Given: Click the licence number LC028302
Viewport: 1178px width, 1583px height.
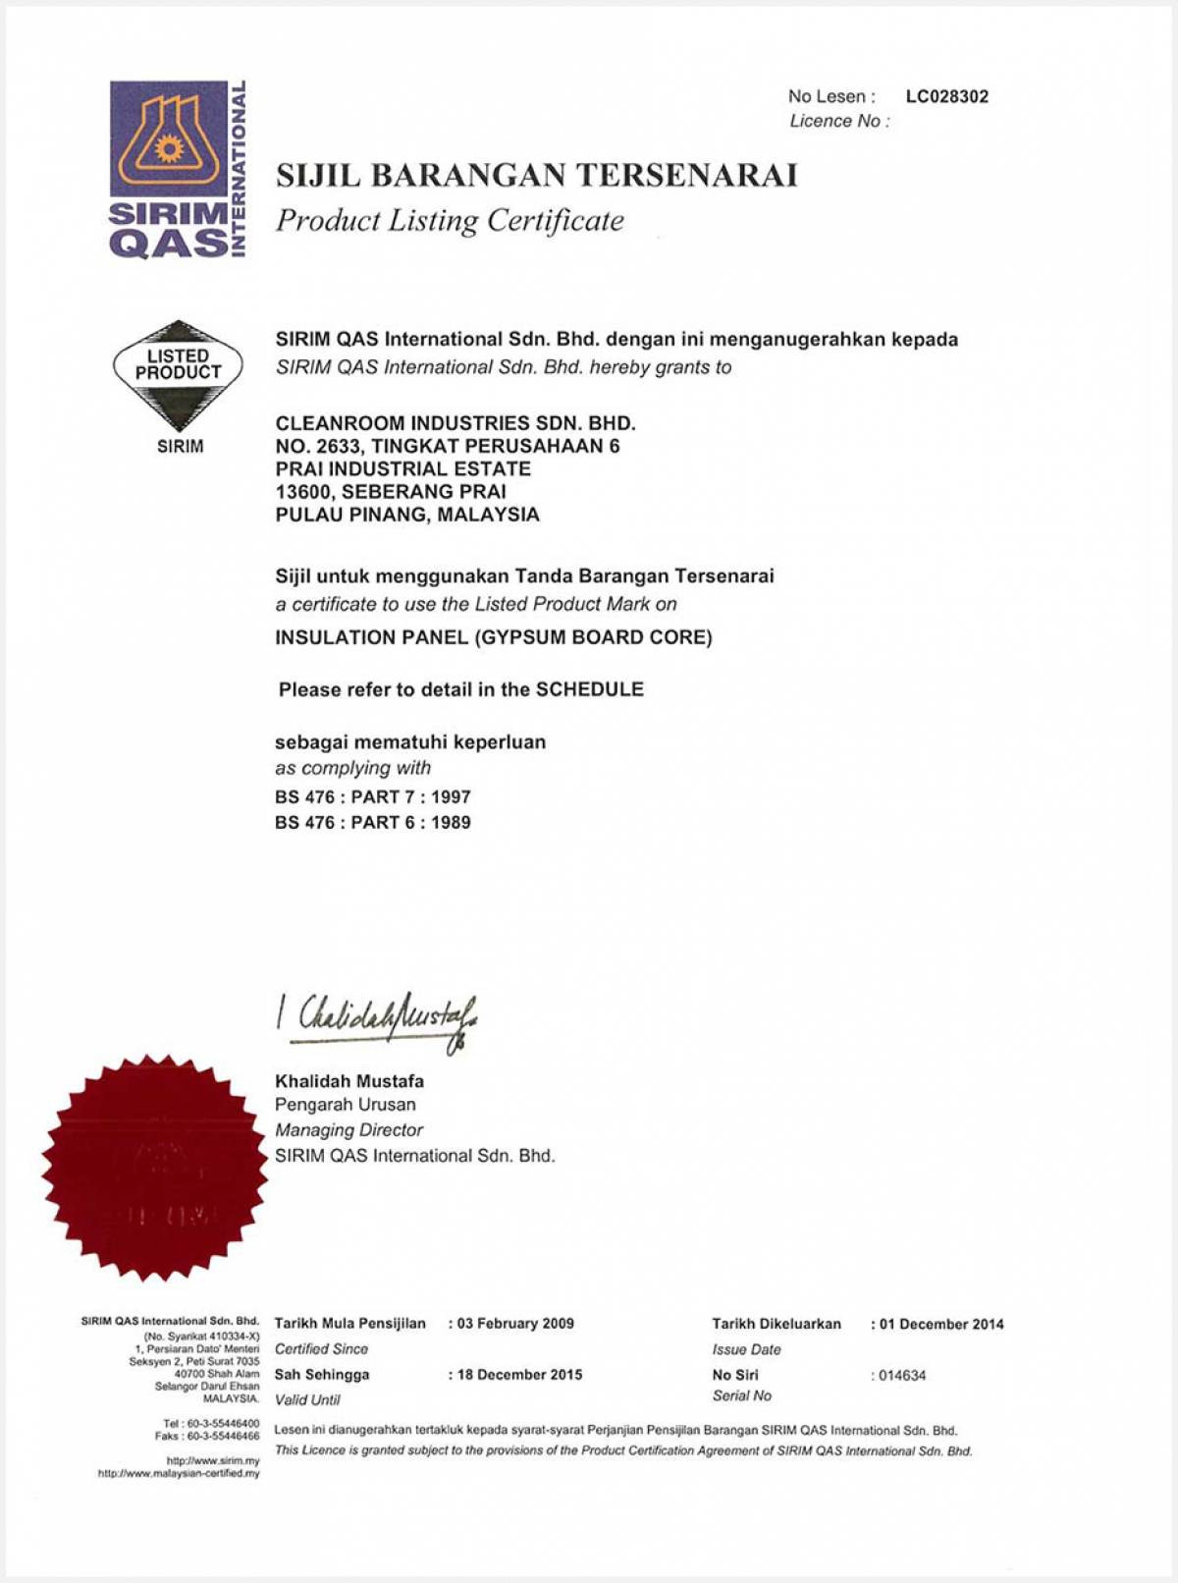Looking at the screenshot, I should [x=946, y=96].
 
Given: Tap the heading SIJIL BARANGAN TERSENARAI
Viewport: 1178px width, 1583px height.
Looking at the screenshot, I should [x=536, y=176].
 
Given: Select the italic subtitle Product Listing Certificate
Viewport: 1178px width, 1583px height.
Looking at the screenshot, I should [x=450, y=221].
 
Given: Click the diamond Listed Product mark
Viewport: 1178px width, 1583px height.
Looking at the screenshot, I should [x=178, y=374].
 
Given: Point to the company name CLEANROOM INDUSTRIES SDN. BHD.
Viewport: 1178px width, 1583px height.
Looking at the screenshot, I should [x=455, y=423].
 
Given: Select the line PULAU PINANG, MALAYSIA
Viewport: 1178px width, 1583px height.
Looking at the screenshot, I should [x=407, y=515].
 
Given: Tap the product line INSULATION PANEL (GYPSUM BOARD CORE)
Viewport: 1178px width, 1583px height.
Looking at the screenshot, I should [x=494, y=637].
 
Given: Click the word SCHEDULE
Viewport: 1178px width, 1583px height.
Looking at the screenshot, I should [x=589, y=689].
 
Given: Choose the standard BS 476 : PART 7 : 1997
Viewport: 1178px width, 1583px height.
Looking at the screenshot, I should [x=373, y=796].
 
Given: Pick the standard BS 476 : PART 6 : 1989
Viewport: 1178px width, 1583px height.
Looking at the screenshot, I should [x=373, y=822].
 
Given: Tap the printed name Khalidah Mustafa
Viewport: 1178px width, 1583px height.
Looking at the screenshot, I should [x=349, y=1081].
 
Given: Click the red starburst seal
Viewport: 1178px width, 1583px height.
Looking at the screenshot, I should [x=155, y=1169].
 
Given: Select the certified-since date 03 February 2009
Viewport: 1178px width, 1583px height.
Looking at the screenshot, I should [x=515, y=1323].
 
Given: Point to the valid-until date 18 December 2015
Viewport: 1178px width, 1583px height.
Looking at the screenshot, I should [x=519, y=1375].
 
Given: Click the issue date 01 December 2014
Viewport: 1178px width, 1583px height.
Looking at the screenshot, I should [x=941, y=1324].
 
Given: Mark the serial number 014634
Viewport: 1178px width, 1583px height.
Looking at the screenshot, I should [x=902, y=1376].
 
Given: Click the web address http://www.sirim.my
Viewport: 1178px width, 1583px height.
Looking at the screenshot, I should [x=213, y=1461].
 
